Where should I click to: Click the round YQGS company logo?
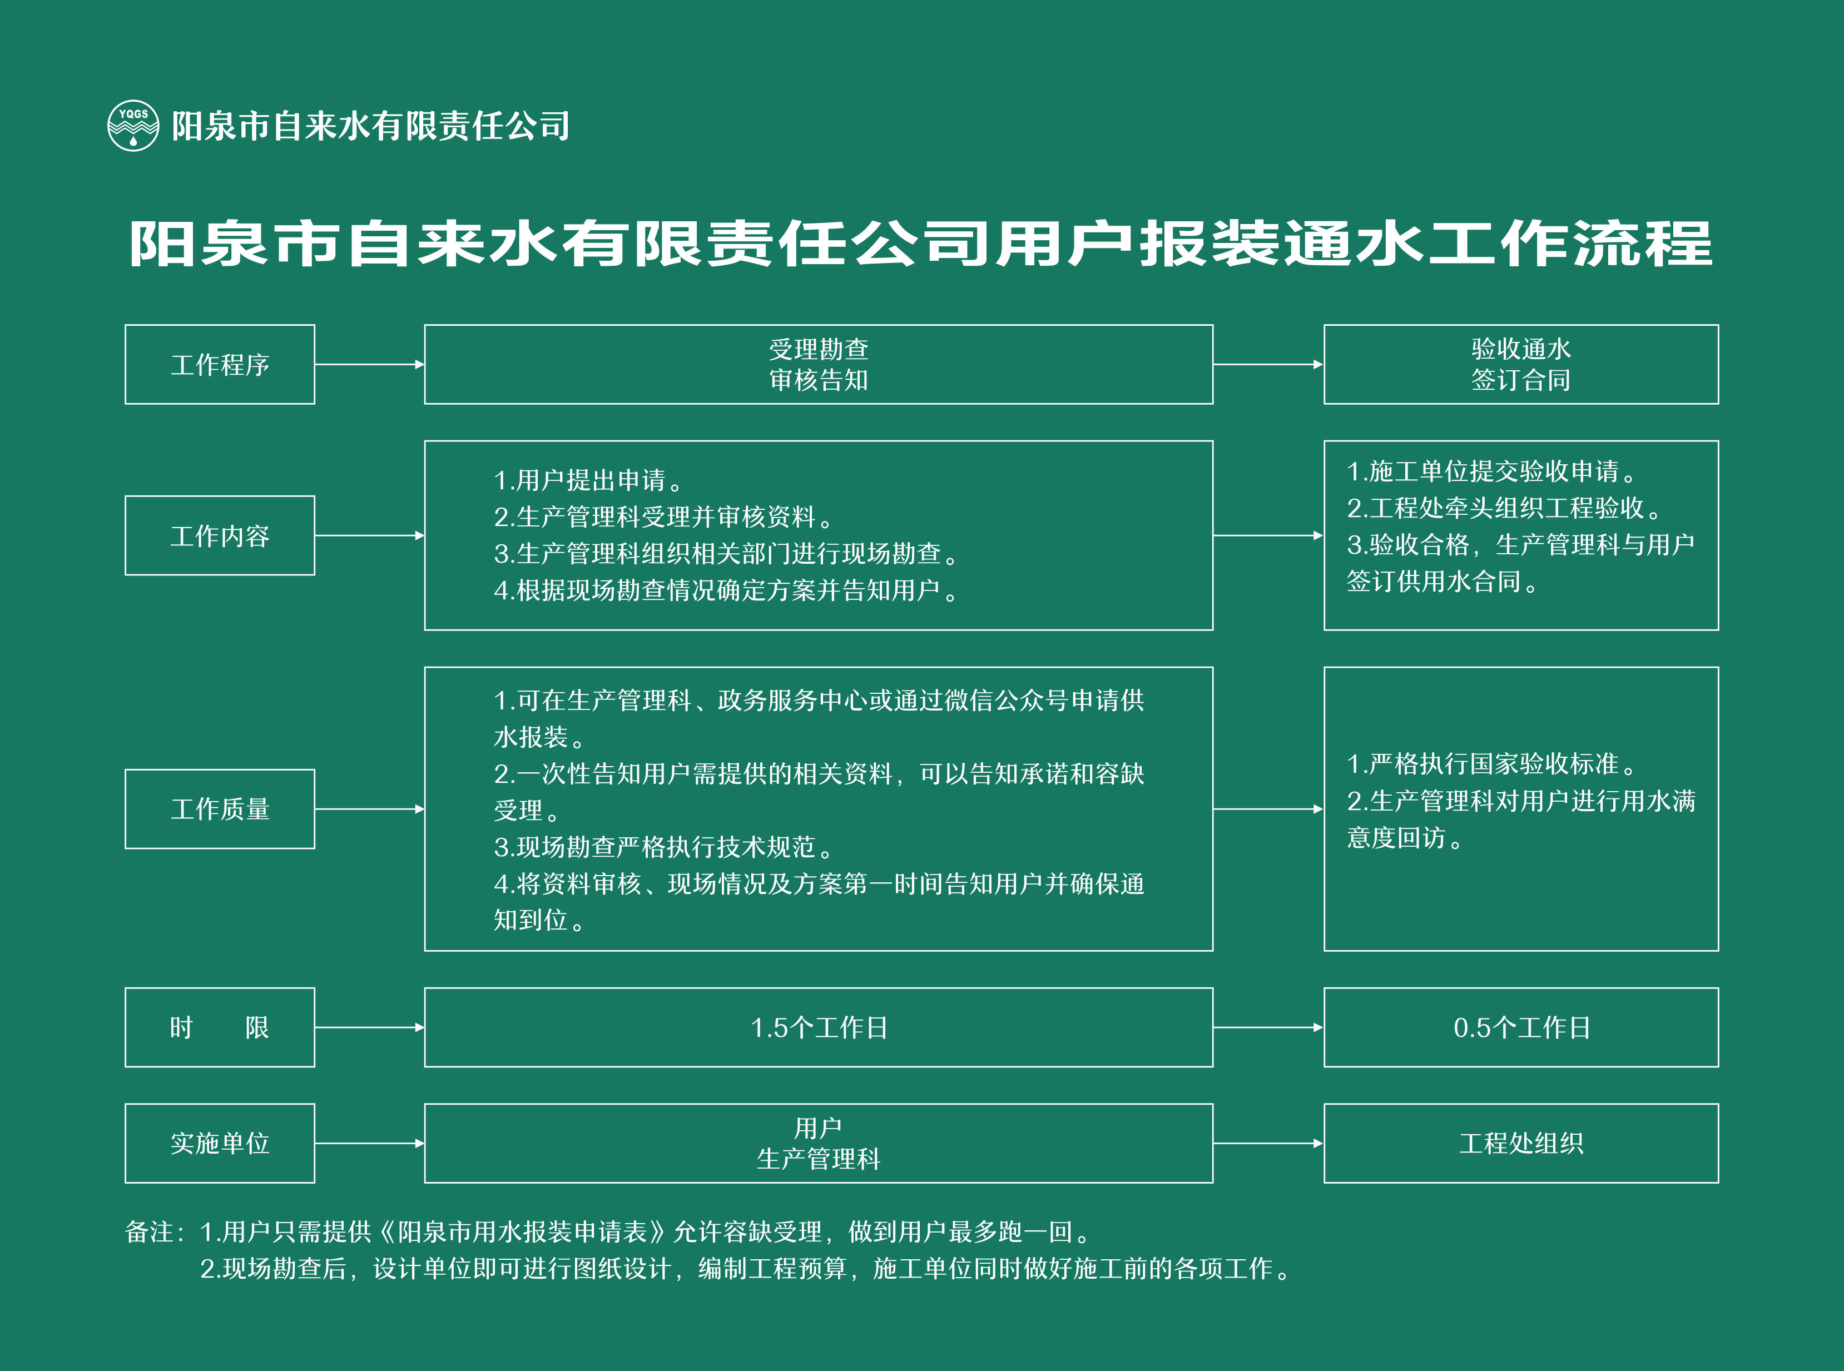(133, 125)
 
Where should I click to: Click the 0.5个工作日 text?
(1521, 1027)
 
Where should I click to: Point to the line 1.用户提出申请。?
(588, 480)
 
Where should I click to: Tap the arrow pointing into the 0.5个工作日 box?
(1268, 1027)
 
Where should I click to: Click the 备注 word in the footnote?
(150, 1231)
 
